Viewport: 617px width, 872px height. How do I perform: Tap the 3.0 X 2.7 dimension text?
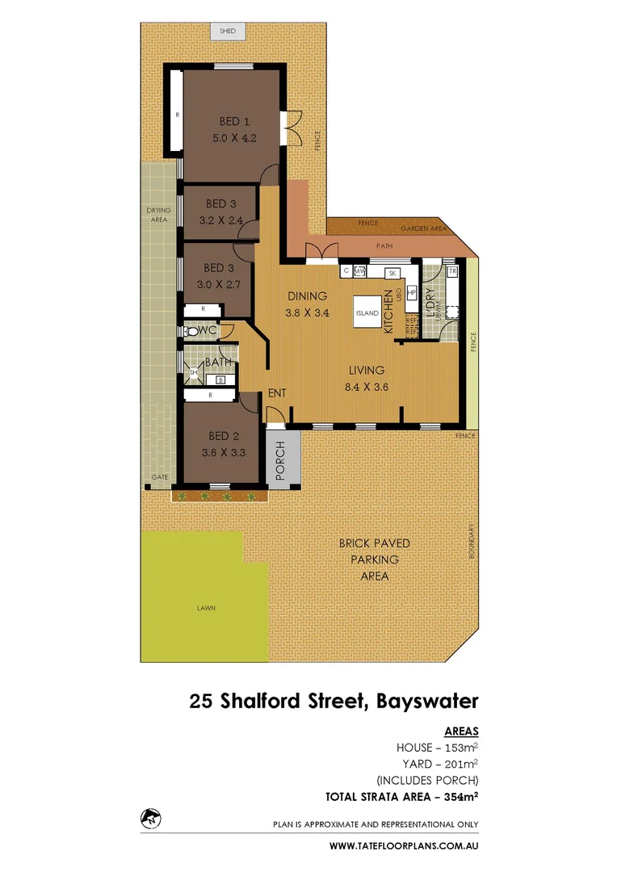218,284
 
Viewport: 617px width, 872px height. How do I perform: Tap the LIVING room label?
366,371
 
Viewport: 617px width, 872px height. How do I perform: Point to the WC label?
207,331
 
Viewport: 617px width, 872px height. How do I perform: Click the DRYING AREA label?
159,214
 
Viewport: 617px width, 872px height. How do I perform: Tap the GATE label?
160,477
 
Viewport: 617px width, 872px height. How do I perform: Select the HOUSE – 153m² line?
436,747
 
